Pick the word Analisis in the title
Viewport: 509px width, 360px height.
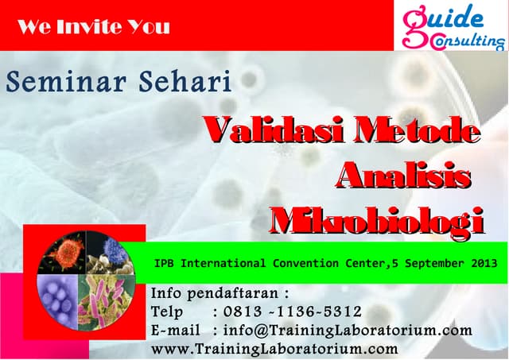[x=402, y=175]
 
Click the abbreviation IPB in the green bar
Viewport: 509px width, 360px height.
[x=165, y=263]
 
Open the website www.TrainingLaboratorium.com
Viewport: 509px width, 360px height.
[x=274, y=348]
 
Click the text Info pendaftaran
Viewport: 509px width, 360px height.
[x=217, y=292]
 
